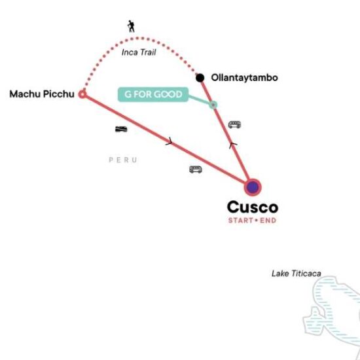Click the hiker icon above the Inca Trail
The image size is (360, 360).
[131, 26]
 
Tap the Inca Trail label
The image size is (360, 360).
[139, 52]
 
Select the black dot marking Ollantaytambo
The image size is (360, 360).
[200, 78]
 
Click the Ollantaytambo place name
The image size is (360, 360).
[244, 78]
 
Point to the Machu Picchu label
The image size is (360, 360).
[42, 94]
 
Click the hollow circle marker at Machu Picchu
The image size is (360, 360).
[82, 94]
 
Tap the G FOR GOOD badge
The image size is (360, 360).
[153, 94]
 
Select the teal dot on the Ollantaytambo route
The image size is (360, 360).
[213, 105]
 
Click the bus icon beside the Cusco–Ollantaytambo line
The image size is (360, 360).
[234, 124]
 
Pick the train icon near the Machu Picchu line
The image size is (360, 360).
[121, 129]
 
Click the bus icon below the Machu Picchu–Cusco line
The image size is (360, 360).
[196, 170]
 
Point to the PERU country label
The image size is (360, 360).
[123, 160]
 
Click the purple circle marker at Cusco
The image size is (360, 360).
[253, 187]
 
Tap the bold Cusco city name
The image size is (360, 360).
[253, 207]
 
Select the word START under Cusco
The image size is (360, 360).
[241, 221]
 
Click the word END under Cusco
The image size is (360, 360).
[268, 221]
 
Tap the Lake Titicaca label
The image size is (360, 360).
[296, 274]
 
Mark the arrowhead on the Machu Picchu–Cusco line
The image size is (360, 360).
[170, 141]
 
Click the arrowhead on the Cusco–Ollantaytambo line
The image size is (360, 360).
[233, 145]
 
